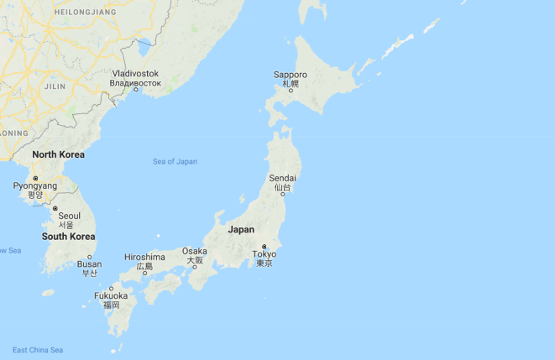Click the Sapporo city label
(291, 75)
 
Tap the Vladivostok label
(135, 74)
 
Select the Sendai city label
(282, 179)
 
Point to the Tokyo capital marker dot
(264, 246)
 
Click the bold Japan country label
(241, 229)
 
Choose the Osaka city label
(194, 251)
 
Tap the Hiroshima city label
(144, 257)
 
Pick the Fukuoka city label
(111, 295)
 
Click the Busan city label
(89, 264)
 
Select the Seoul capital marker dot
(55, 208)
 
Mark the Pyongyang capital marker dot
(35, 178)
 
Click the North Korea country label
(58, 154)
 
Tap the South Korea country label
(68, 237)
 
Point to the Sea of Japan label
(175, 161)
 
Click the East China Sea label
(38, 350)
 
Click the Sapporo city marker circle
(291, 90)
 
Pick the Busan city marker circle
(90, 257)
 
